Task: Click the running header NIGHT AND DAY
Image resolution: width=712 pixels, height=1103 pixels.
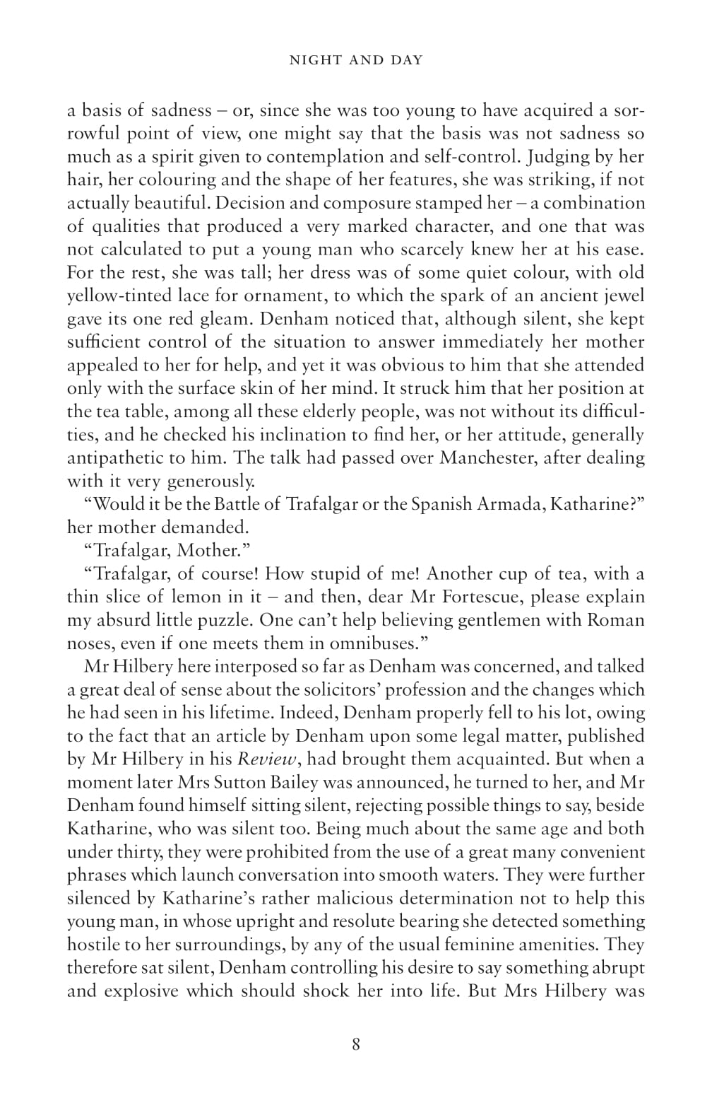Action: (x=356, y=60)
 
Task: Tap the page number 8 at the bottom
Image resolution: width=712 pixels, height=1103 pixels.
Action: (x=356, y=1044)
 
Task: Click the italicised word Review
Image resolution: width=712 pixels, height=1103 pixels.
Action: (x=263, y=759)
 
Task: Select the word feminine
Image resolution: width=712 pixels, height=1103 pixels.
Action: (x=474, y=945)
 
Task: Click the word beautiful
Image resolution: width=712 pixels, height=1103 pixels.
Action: (x=173, y=203)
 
